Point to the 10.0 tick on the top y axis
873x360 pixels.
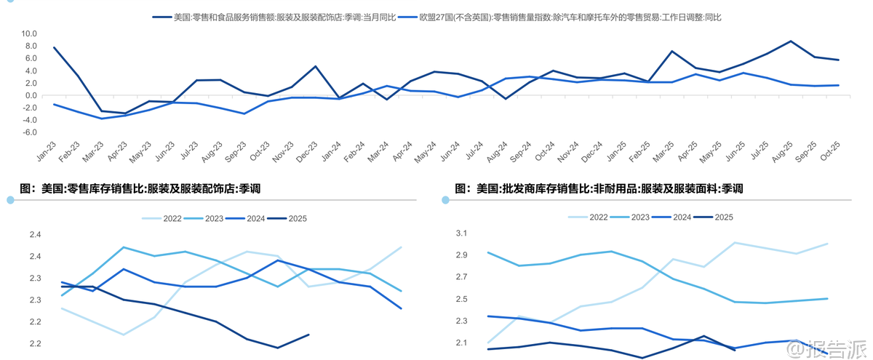(x=29, y=33)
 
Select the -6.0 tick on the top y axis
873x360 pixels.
(x=29, y=132)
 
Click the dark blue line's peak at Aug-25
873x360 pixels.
(x=791, y=41)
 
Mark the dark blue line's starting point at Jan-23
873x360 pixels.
(x=55, y=48)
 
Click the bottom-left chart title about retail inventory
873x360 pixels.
(x=140, y=188)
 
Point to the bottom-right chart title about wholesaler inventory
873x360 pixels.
(x=599, y=188)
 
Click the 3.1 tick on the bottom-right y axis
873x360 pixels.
(x=462, y=233)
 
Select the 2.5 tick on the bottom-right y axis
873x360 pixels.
(x=462, y=299)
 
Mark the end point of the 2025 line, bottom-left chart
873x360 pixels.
(x=308, y=335)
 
